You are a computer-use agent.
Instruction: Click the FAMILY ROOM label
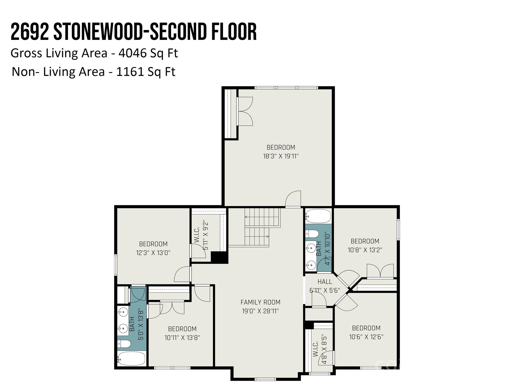(260, 302)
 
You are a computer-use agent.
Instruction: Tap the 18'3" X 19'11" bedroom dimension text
(281, 156)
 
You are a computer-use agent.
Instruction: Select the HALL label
(325, 281)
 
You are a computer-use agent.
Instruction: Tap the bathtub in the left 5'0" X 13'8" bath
(132, 359)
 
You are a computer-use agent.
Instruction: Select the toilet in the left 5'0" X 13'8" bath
(124, 344)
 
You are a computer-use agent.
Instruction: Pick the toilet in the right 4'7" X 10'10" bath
(312, 234)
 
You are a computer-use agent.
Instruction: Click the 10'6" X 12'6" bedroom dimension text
(366, 337)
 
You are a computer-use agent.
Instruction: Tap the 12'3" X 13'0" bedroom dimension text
(153, 253)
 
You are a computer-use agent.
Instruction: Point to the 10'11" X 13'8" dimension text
(182, 337)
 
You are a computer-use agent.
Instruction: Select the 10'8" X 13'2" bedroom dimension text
(365, 250)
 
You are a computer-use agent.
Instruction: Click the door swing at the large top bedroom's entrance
(293, 199)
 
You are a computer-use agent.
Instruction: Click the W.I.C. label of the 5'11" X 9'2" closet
(197, 235)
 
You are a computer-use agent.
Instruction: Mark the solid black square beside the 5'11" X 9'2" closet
(219, 257)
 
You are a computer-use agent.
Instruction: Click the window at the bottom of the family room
(265, 379)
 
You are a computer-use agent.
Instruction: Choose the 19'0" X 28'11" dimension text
(260, 311)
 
